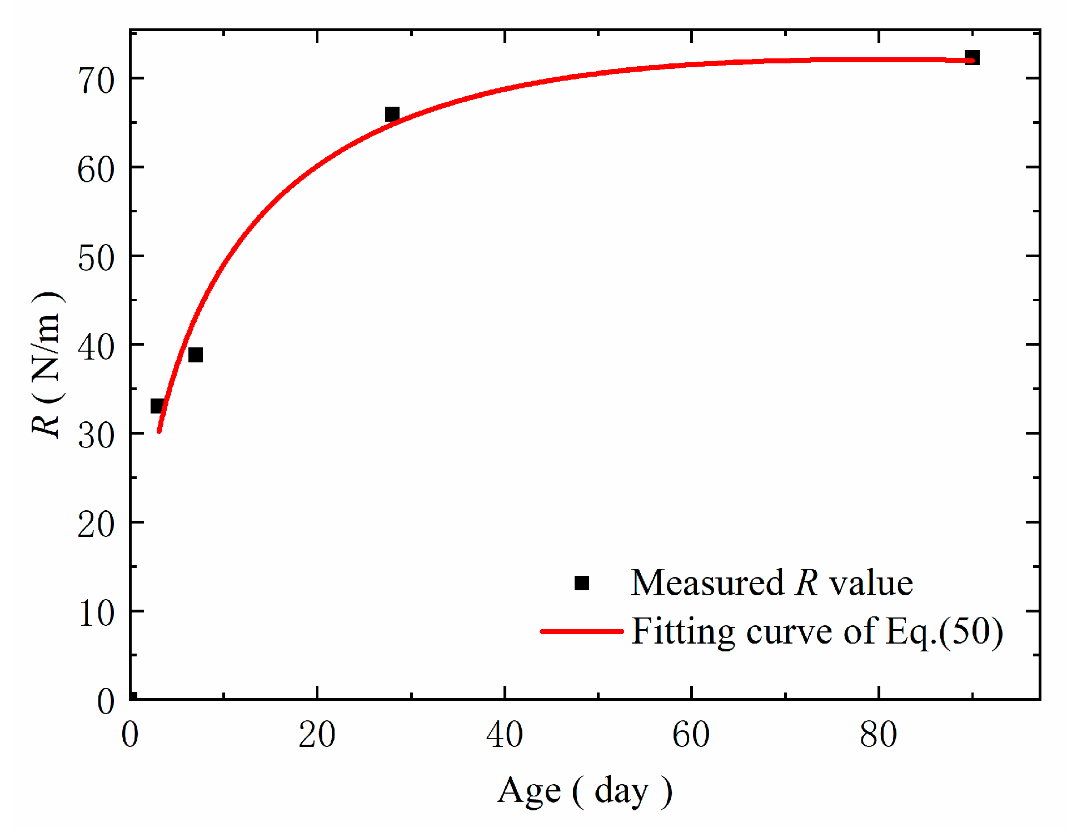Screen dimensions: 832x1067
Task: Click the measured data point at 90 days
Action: [972, 58]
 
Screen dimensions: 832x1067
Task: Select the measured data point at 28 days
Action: [392, 114]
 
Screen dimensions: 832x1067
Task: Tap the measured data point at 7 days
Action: [196, 355]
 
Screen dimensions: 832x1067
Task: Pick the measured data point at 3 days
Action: [158, 406]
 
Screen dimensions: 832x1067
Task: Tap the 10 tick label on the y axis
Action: [96, 614]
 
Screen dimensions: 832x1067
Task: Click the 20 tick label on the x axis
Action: [317, 735]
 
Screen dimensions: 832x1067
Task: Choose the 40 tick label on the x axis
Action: [504, 735]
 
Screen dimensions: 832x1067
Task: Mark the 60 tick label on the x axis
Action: [691, 735]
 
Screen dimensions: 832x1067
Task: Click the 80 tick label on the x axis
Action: [878, 735]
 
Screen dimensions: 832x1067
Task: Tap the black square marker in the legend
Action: [582, 583]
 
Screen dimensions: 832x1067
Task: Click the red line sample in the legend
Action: [582, 631]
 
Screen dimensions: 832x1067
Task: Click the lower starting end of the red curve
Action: [159, 431]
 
